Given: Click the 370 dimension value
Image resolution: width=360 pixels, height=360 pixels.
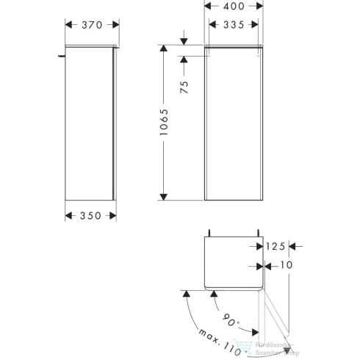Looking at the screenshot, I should coord(89,25).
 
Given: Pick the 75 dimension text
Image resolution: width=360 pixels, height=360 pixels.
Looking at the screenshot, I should coord(184,84).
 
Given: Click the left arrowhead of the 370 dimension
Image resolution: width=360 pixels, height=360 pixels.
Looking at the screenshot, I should coord(68,25).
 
